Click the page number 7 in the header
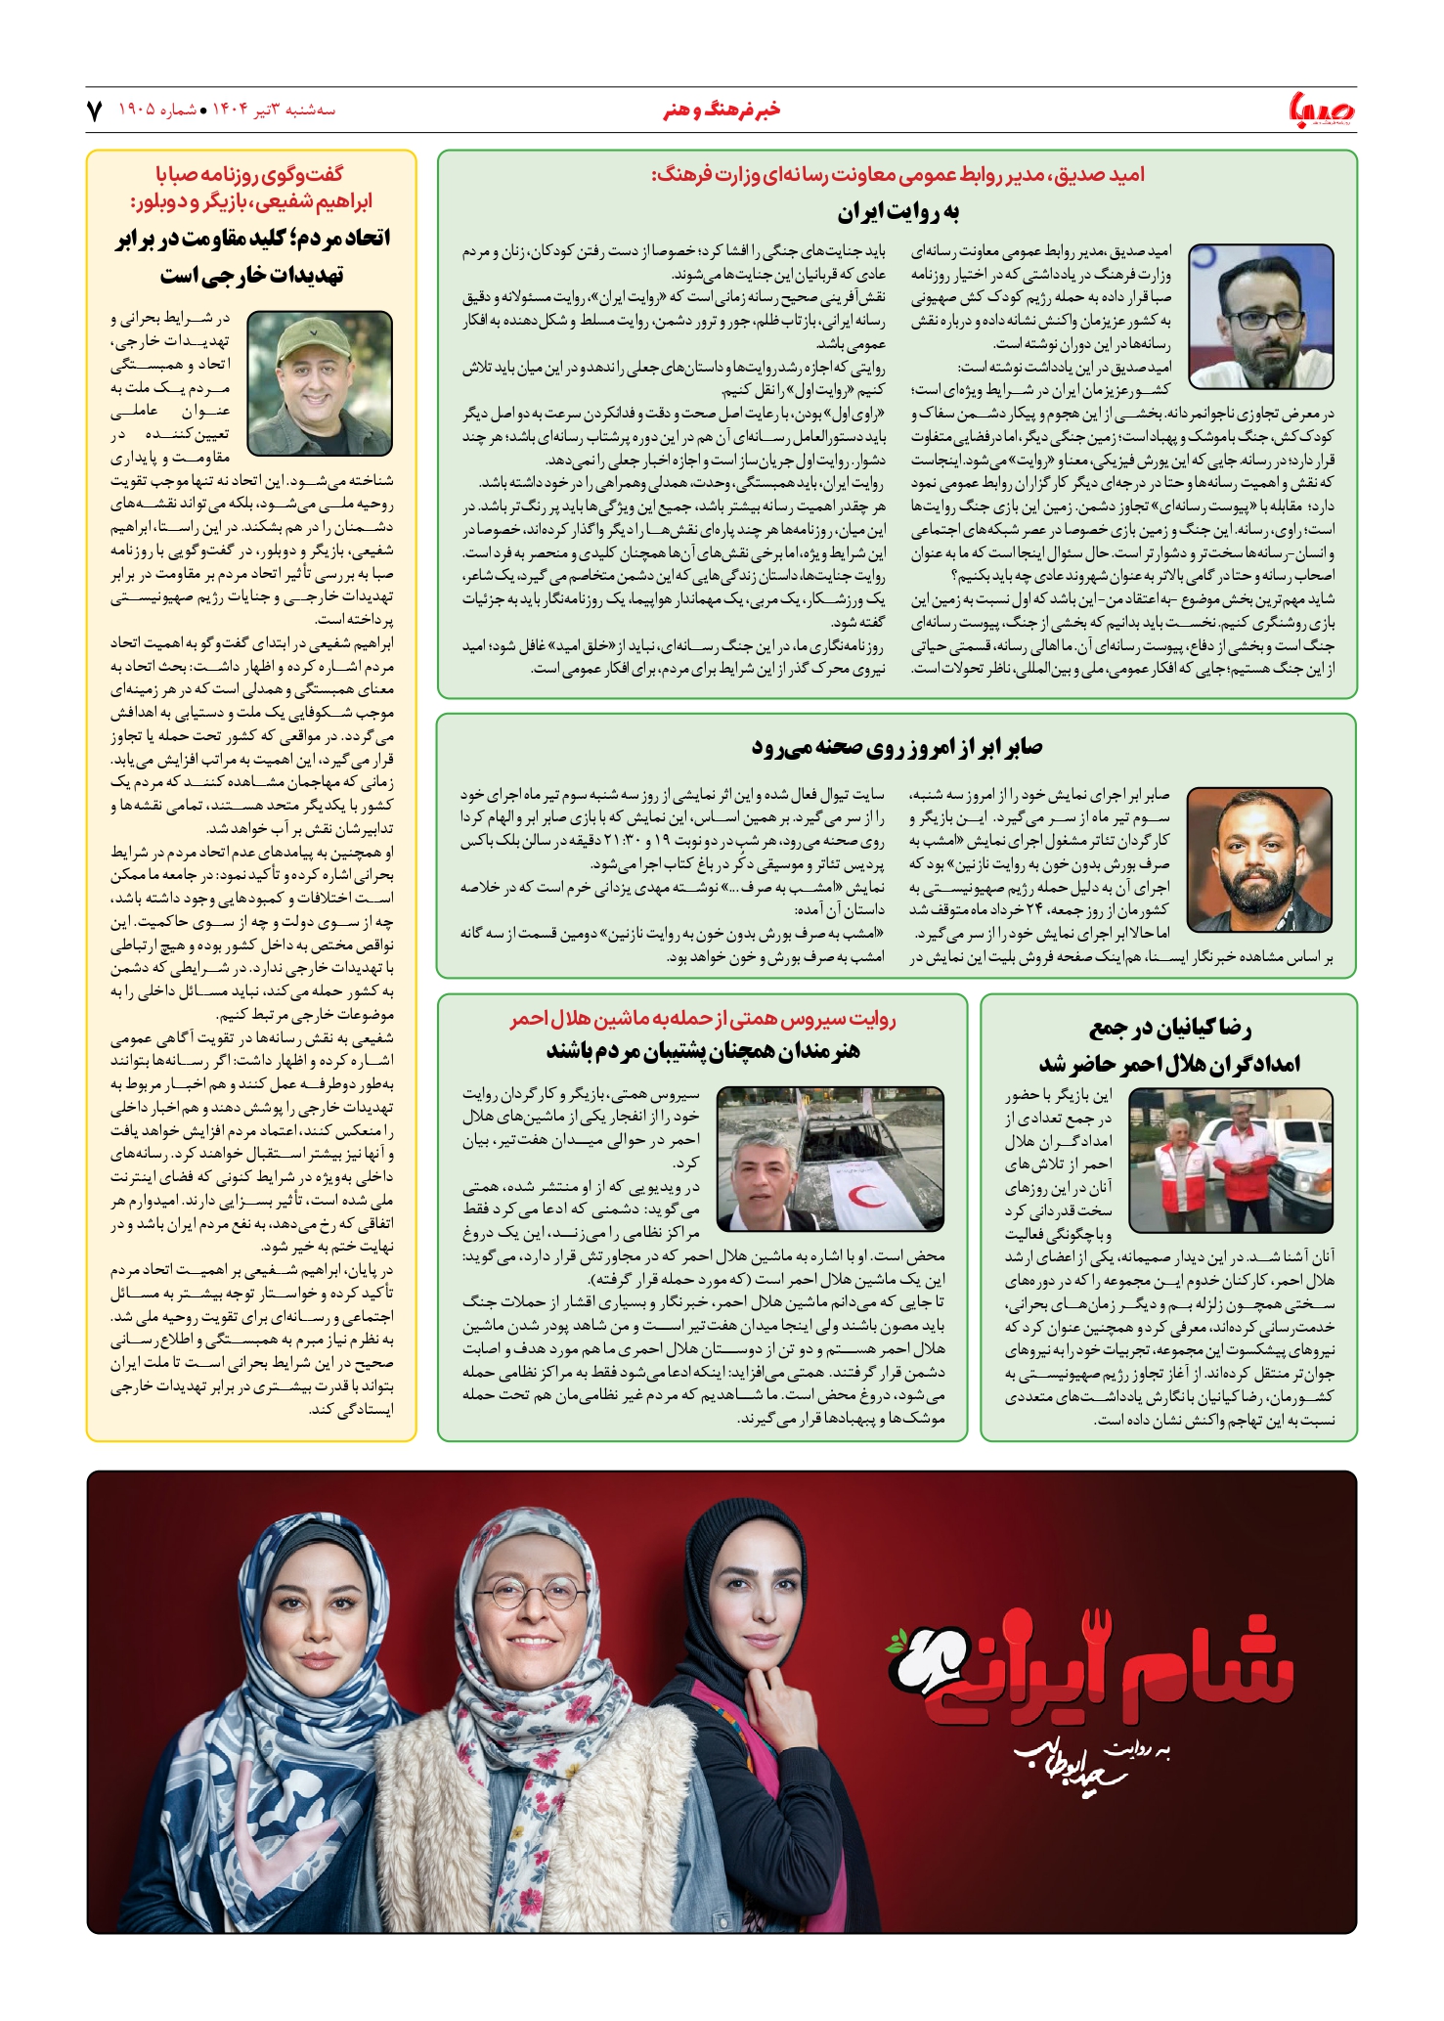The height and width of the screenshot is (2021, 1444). [95, 110]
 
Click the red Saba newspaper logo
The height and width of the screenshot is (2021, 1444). [1322, 110]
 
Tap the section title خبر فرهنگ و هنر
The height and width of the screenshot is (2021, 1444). [722, 110]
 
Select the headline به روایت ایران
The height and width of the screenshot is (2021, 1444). [897, 212]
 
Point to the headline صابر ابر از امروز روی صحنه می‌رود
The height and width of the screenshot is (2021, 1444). [897, 747]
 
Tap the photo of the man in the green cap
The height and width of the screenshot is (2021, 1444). [321, 383]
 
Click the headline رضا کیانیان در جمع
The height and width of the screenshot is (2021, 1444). [1169, 1028]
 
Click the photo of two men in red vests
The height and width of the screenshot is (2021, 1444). [1230, 1160]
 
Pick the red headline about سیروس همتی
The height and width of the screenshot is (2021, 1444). [702, 1019]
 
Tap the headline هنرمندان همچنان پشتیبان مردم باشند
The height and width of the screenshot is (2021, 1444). [702, 1051]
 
